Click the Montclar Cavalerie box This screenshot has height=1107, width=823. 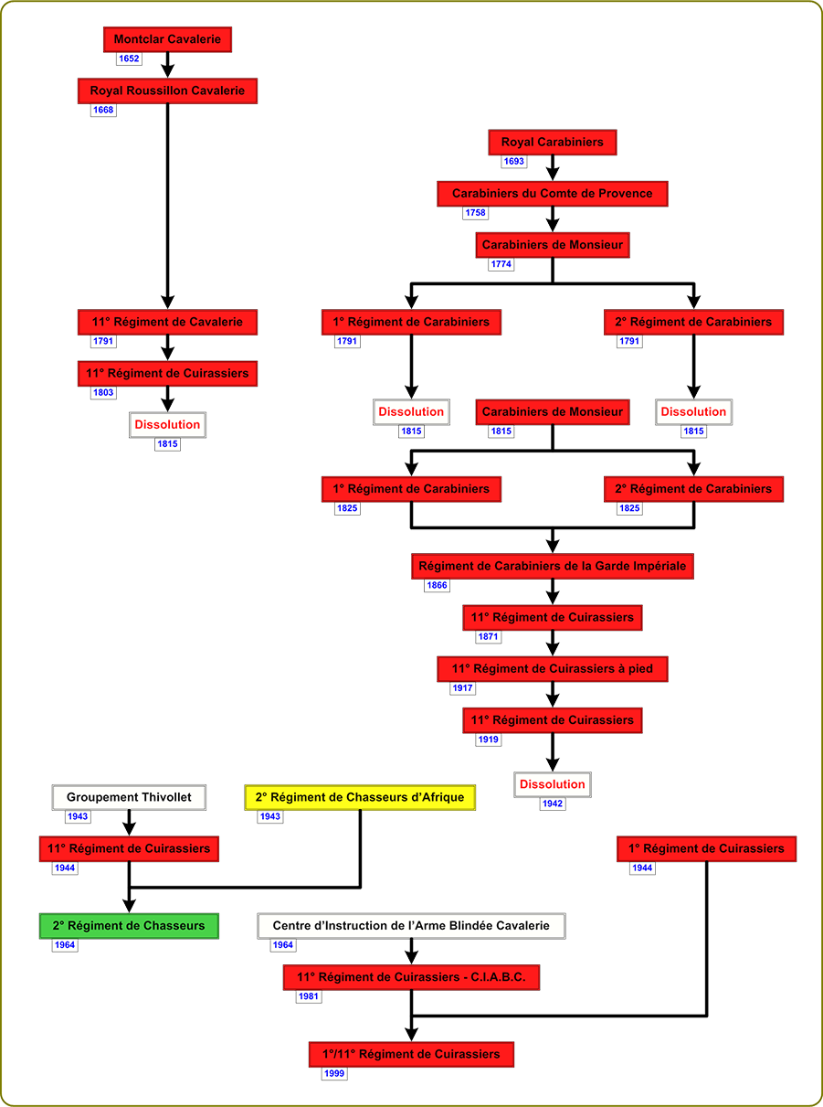coord(167,39)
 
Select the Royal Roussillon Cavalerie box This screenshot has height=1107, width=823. coord(167,90)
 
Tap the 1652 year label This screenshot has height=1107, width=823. coord(129,59)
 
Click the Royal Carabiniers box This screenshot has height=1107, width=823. coord(552,143)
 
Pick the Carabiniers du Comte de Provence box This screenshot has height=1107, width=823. coord(552,194)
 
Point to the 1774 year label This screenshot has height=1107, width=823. coord(501,264)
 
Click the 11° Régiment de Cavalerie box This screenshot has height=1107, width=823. coord(167,322)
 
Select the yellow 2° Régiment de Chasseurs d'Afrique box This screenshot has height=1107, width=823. coord(360,797)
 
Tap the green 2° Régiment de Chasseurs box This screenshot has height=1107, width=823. coord(129,926)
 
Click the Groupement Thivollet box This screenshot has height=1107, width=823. coord(129,797)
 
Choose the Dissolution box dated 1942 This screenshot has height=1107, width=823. coord(552,784)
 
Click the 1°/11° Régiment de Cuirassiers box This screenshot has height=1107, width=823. coord(411,1054)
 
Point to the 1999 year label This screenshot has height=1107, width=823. coord(334,1073)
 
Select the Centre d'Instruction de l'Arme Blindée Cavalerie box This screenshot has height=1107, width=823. coord(411,926)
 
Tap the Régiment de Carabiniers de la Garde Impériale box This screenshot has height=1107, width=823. coord(552,566)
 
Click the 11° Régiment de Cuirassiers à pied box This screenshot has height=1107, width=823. coord(552,669)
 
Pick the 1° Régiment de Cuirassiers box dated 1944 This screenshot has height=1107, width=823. coord(706,848)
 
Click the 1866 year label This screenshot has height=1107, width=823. coord(437,585)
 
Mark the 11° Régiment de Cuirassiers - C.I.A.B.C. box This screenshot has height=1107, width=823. coord(411,977)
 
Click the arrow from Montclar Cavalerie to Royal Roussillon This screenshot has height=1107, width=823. coord(167,65)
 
